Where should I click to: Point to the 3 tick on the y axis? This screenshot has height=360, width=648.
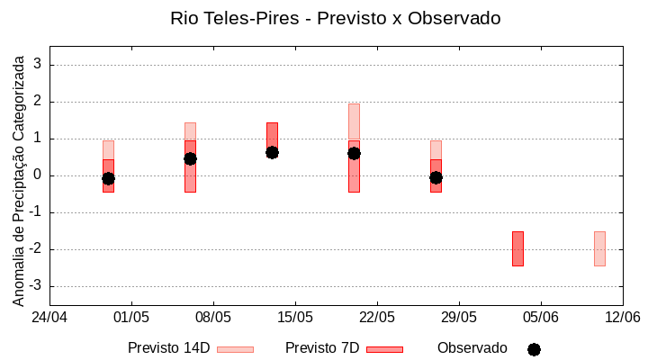[39, 65]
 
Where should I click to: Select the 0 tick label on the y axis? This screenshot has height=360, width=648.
[39, 175]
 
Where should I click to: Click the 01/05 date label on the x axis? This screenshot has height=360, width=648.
[131, 317]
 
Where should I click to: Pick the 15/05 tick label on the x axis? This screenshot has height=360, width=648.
[295, 317]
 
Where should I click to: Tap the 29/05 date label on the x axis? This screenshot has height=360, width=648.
[459, 317]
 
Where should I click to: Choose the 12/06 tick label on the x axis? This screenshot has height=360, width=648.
[622, 317]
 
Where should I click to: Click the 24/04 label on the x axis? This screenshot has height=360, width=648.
[49, 317]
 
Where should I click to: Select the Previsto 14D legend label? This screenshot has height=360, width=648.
[168, 348]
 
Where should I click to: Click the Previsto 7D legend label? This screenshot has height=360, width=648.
[321, 348]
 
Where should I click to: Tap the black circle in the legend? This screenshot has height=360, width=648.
[534, 349]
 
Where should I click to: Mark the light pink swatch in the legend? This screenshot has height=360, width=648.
[235, 349]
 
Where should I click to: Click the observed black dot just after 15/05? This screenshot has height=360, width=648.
[354, 153]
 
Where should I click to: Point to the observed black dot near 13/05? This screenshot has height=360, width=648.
[272, 152]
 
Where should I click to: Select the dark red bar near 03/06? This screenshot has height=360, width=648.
[517, 248]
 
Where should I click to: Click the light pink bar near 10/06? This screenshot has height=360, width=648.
[599, 248]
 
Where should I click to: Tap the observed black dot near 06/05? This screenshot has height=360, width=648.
[190, 158]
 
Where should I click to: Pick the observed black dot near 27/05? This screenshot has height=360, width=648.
[436, 177]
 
